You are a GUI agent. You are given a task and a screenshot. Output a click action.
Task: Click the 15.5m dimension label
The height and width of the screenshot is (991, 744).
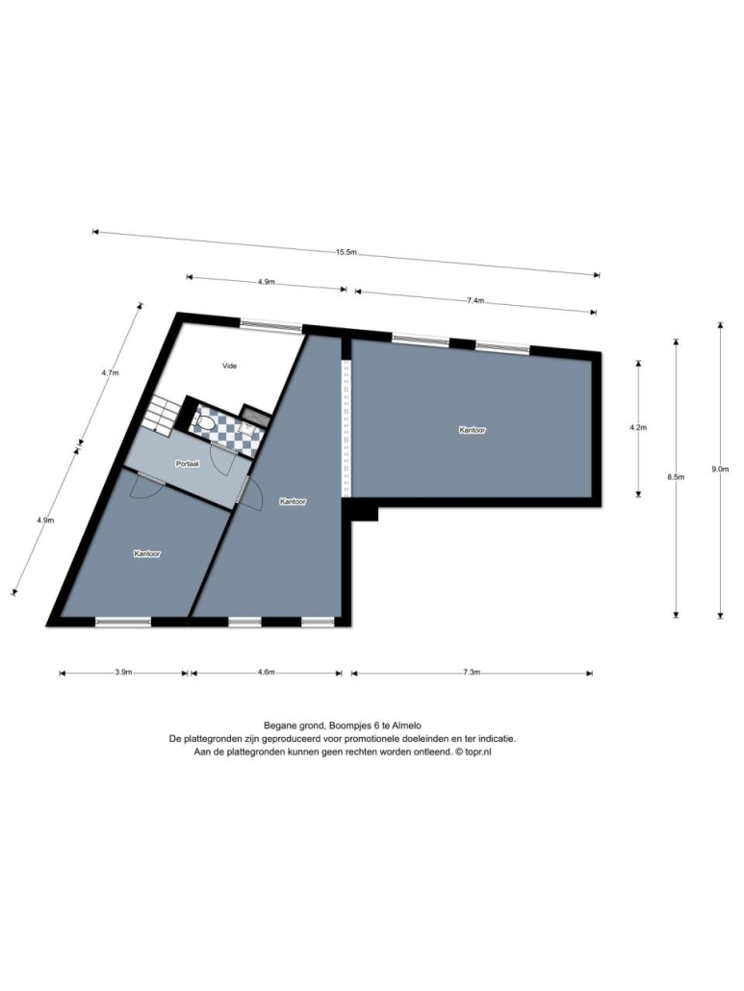point(346,251)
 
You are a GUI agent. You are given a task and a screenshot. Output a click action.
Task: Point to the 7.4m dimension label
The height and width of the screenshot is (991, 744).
point(475,301)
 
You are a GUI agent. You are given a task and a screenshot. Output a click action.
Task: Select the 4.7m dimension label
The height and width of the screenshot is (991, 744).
point(110,373)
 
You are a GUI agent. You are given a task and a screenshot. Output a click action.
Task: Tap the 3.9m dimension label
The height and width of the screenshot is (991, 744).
point(123,673)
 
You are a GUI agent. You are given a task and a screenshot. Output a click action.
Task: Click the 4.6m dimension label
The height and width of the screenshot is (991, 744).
point(266,673)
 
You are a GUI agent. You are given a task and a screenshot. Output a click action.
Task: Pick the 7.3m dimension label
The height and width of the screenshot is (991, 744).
point(472,673)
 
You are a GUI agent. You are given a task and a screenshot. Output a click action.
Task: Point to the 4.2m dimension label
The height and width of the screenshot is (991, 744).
point(638,427)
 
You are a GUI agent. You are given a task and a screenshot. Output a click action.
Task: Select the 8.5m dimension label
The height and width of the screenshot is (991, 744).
point(676,478)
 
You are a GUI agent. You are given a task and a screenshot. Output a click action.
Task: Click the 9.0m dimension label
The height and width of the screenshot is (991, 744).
point(720,469)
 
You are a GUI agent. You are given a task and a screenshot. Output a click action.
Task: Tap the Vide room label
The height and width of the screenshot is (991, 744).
point(229,366)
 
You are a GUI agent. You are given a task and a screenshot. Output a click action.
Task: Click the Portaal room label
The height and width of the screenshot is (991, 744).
point(187,464)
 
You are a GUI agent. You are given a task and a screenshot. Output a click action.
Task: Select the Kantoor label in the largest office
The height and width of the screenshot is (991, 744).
point(473,430)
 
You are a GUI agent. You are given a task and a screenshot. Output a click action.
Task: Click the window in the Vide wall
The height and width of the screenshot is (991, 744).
point(271,326)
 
